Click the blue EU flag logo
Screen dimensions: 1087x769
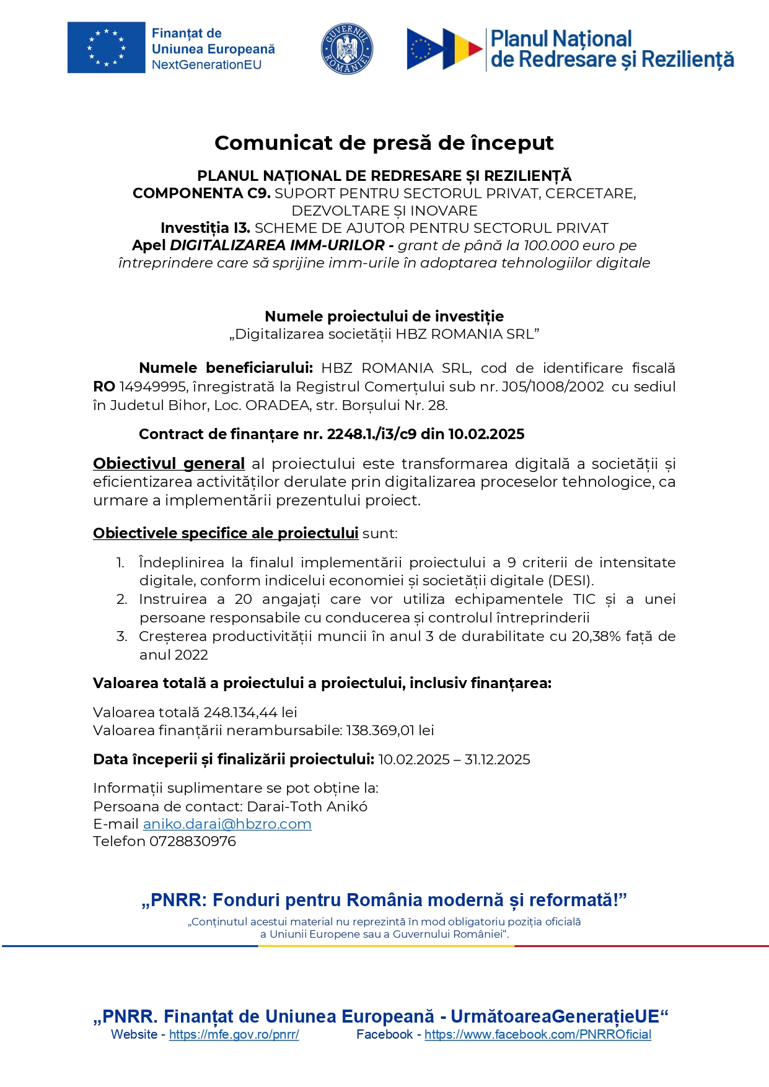coord(106,48)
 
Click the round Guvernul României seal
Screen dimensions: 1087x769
coord(346,49)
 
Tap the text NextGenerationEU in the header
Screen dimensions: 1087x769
coord(206,65)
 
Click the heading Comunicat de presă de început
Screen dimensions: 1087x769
coord(384,143)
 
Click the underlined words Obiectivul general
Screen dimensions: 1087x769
coord(169,464)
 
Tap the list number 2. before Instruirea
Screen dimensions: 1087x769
coord(121,600)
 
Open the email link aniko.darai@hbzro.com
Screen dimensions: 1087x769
coord(227,824)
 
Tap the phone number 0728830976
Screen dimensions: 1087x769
coord(192,842)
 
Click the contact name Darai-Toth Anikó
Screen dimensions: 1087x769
coord(307,807)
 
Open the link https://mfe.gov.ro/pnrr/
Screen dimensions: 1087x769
coord(234,1034)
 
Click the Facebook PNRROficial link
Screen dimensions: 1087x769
coord(537,1034)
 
